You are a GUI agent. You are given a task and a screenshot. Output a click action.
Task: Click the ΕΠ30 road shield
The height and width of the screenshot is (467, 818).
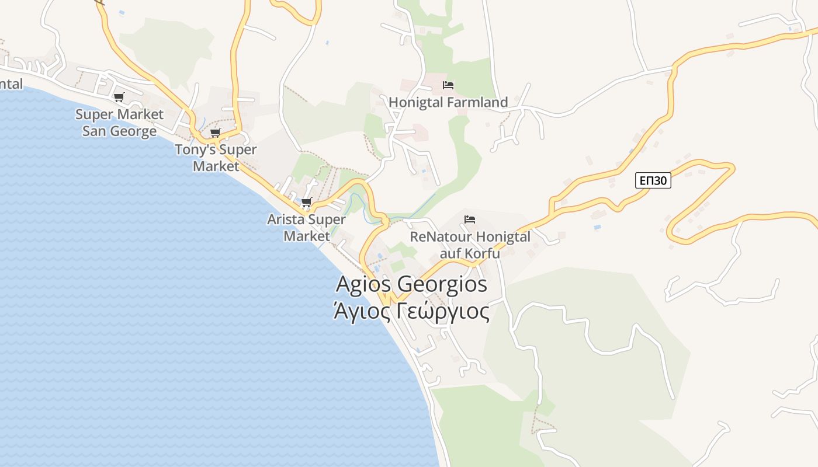653,181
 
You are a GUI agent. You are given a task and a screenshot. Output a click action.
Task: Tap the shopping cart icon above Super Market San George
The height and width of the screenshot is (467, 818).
119,97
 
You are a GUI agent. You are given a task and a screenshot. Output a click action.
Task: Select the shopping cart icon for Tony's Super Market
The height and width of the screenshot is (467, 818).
216,133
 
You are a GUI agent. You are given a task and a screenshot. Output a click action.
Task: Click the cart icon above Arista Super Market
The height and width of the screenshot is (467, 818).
306,203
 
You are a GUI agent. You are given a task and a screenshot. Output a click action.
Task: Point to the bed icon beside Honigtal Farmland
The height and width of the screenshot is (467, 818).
448,85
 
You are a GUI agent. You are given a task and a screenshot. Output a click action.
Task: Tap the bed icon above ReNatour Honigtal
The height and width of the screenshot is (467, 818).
470,219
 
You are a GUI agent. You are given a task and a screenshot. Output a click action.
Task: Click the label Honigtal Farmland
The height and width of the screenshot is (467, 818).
448,103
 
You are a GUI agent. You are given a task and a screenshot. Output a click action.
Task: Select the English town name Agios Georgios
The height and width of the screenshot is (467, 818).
411,284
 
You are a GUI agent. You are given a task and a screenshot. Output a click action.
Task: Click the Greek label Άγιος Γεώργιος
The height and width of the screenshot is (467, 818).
411,311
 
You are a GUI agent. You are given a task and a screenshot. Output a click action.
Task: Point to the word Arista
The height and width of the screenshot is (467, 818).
286,220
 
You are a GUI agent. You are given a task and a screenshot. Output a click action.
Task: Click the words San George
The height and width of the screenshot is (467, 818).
119,131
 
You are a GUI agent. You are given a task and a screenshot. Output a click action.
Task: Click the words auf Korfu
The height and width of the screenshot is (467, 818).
470,253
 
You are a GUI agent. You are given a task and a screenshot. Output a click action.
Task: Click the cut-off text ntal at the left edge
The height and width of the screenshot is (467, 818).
11,84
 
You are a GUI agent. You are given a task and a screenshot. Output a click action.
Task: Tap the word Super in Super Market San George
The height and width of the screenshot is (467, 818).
93,114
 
